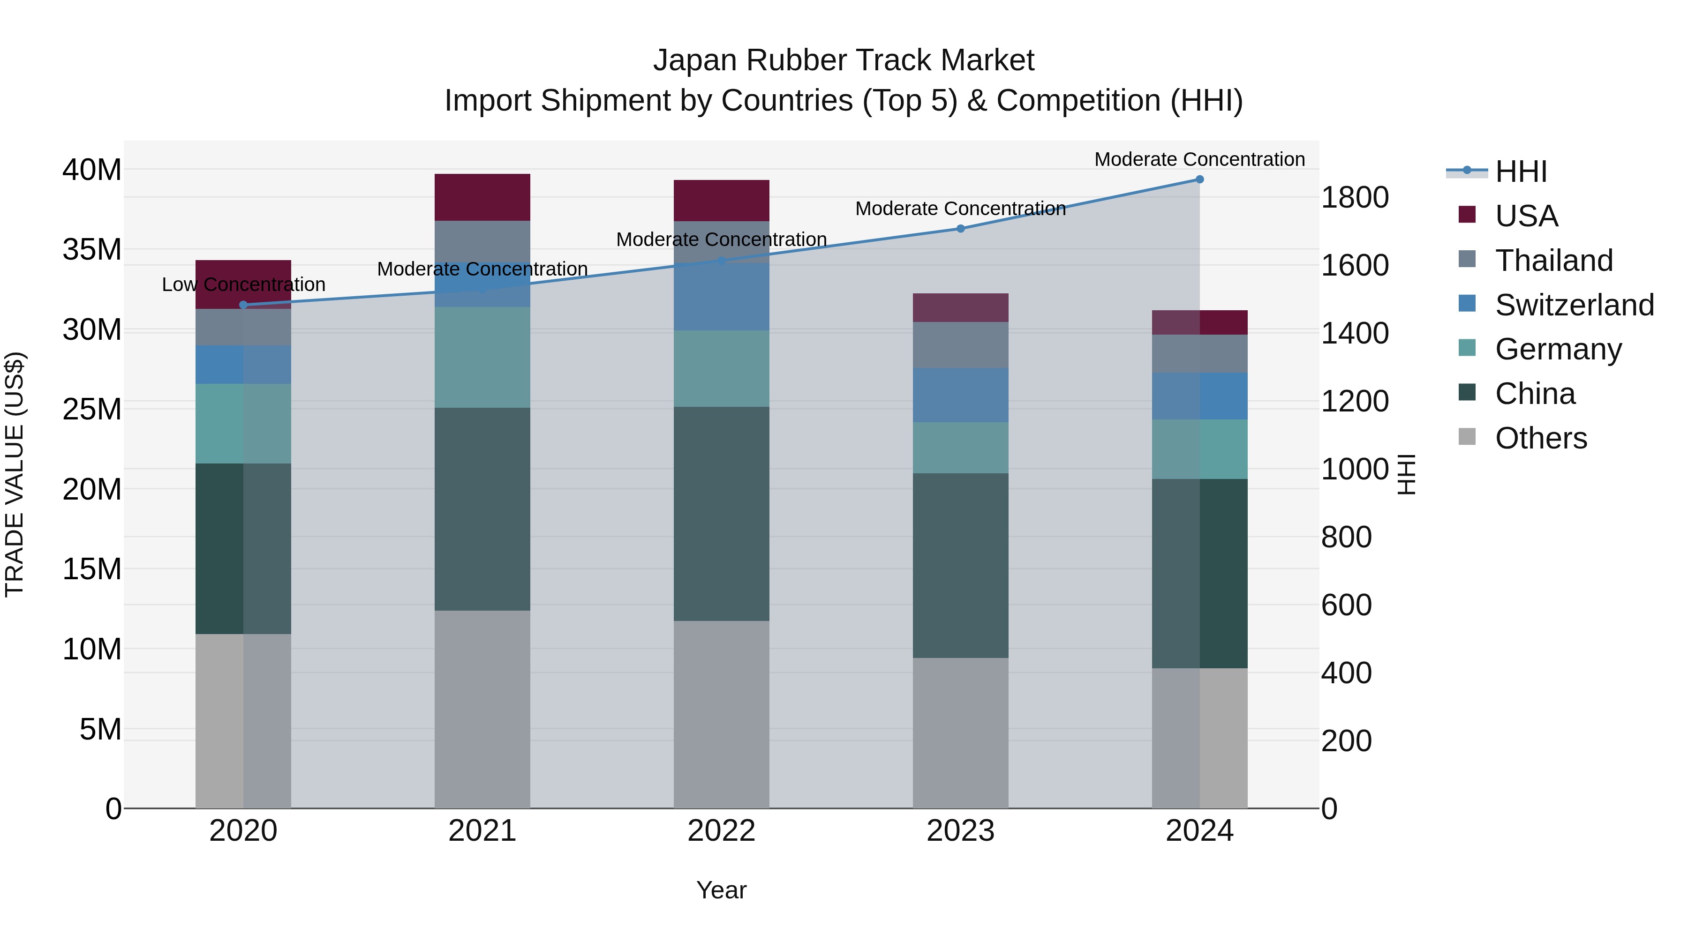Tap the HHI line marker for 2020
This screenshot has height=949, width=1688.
pos(243,305)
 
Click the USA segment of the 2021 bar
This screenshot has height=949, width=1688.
pos(482,197)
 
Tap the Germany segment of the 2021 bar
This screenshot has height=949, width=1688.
pos(482,358)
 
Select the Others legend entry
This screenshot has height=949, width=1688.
pos(1540,438)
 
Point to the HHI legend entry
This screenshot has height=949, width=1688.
pos(1520,172)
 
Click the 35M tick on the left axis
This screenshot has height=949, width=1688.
pos(92,249)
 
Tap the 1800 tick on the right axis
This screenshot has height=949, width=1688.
pos(1354,197)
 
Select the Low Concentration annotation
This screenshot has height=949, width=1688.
pos(243,284)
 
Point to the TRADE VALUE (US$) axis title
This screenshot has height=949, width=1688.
pos(15,474)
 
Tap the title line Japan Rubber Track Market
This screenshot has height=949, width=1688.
pos(844,60)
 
